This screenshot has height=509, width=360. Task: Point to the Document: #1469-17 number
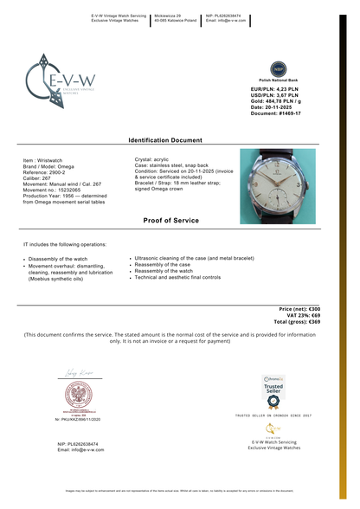pos(277,113)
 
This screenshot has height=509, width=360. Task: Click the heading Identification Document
pos(165,139)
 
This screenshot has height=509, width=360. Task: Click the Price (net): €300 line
pos(299,309)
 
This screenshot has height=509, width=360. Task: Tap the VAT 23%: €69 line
pos(300,315)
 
